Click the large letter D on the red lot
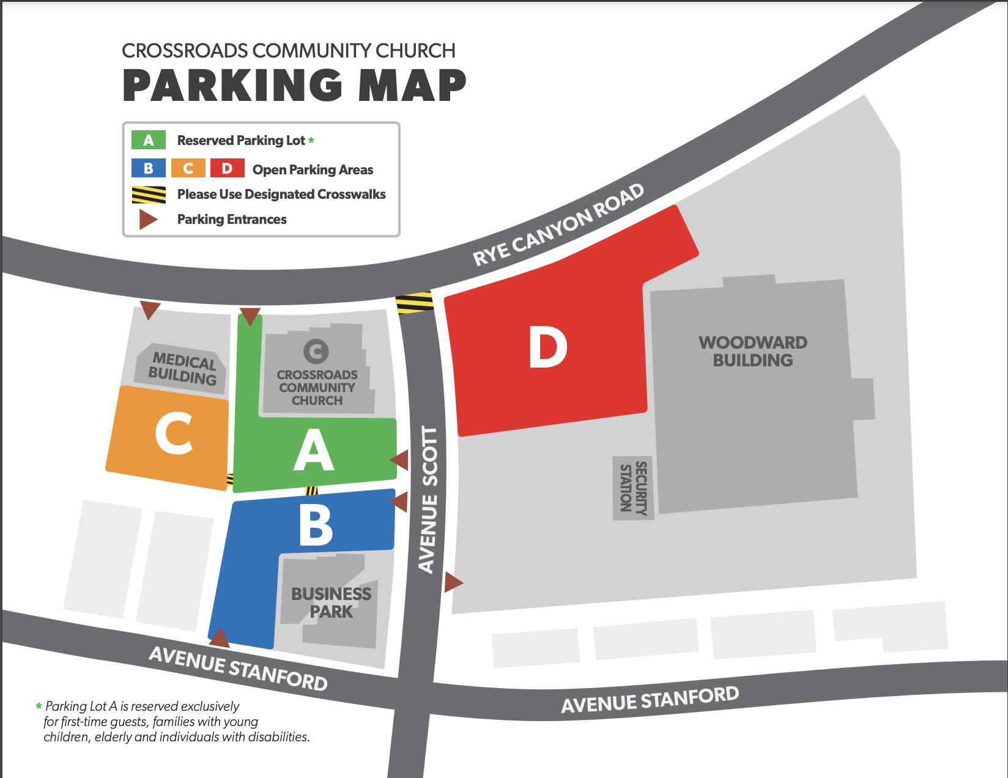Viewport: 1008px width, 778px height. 548,347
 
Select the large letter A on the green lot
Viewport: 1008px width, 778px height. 314,450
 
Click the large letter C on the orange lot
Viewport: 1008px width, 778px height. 174,433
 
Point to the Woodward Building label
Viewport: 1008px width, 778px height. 753,351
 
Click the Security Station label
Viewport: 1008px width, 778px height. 634,487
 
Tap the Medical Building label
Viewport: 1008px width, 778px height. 183,368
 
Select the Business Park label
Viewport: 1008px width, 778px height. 331,602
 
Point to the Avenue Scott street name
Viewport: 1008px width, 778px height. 429,500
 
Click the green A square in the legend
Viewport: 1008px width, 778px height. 149,140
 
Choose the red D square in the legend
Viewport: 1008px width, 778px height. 227,168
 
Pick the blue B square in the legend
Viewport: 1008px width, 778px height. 149,168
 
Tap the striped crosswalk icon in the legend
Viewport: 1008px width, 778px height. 149,194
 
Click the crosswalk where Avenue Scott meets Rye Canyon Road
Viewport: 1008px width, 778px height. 415,303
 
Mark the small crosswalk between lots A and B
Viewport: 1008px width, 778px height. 311,491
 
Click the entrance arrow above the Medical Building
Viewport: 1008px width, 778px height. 150,309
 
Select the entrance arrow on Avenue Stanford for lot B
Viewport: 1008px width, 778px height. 220,639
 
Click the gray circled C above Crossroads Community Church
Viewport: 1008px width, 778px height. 316,351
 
